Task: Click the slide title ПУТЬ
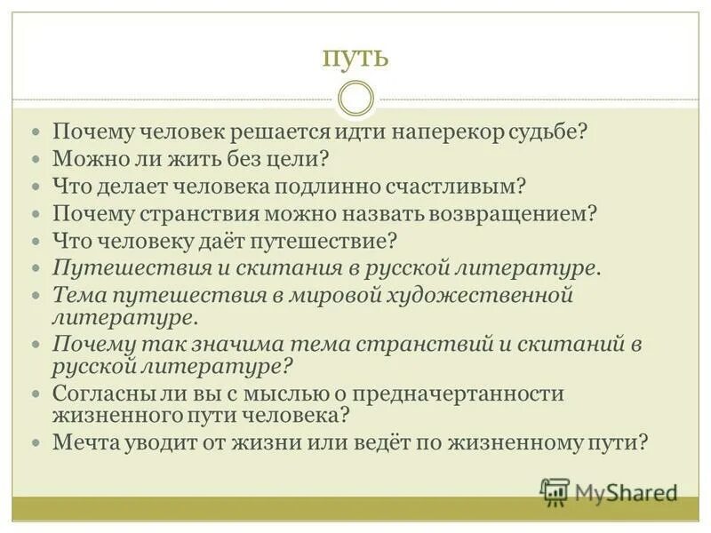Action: tap(355, 58)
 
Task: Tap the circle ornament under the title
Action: tap(355, 98)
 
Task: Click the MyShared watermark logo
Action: tap(609, 491)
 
